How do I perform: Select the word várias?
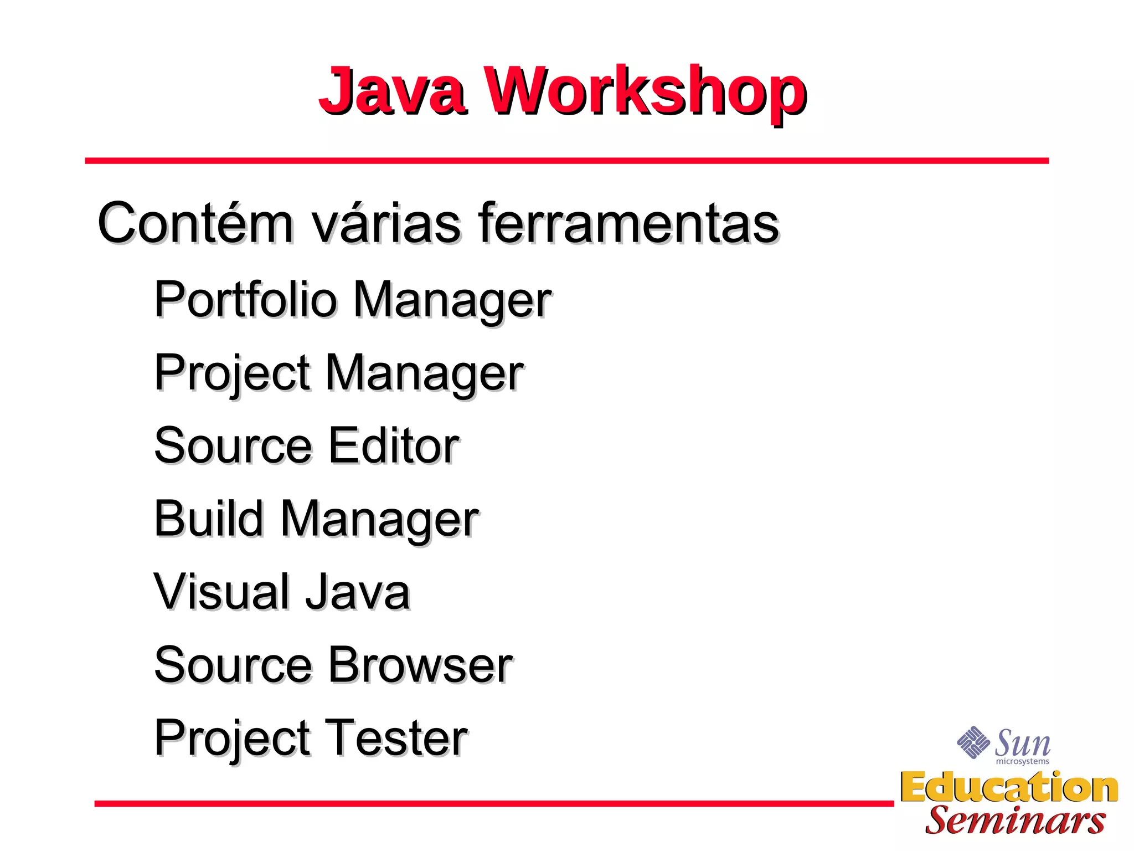pyautogui.click(x=386, y=223)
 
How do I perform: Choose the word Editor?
pyautogui.click(x=394, y=445)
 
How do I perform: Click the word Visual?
pyautogui.click(x=221, y=592)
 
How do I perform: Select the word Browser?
pyautogui.click(x=420, y=665)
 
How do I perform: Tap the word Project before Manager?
pyautogui.click(x=232, y=373)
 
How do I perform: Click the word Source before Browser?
pyautogui.click(x=233, y=665)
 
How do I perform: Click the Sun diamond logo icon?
pyautogui.click(x=973, y=742)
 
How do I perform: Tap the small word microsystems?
pyautogui.click(x=1022, y=762)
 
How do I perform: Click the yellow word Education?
pyautogui.click(x=1009, y=787)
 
